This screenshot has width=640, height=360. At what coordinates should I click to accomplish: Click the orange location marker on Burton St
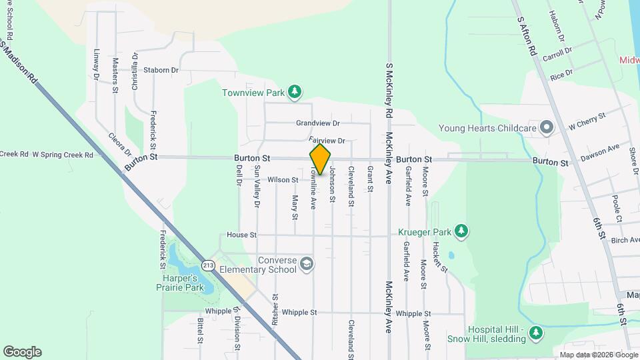click(320, 159)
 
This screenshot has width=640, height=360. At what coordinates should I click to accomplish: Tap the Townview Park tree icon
click(295, 91)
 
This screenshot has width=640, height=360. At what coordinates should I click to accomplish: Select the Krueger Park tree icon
click(461, 231)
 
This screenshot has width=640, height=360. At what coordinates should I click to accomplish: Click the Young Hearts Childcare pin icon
click(547, 127)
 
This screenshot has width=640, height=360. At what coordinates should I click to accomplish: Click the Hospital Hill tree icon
click(535, 332)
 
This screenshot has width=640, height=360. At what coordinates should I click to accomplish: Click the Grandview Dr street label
click(318, 123)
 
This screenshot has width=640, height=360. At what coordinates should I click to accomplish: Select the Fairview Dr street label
click(327, 141)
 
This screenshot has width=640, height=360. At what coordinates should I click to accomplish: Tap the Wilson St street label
click(283, 180)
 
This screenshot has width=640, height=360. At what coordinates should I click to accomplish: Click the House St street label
click(241, 235)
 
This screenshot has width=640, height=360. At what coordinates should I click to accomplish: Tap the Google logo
click(22, 352)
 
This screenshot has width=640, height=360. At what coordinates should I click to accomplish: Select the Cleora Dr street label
click(120, 145)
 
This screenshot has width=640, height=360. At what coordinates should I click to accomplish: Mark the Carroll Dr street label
click(557, 54)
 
